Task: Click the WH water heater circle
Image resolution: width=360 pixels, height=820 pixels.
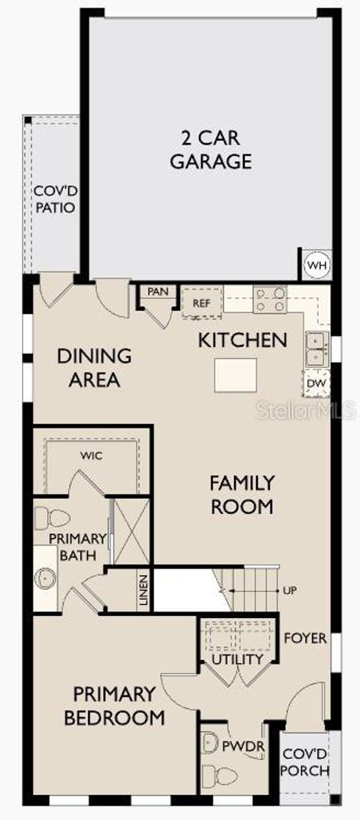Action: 317,265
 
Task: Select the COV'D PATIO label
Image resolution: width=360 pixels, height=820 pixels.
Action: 55,199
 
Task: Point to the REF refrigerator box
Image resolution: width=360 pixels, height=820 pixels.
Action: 202,303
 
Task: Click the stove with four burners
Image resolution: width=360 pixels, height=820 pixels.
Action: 270,299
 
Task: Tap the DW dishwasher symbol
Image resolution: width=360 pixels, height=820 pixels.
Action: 316,383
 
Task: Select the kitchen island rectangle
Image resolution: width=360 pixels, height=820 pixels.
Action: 235,375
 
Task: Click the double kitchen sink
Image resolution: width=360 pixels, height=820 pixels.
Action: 317,349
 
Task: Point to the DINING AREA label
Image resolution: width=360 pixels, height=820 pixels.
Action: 94,368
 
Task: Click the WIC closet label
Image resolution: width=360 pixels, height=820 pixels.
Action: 92,455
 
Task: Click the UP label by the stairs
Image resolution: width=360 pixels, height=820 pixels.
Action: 290,590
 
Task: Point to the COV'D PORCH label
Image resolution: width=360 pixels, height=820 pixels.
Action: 305,762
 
